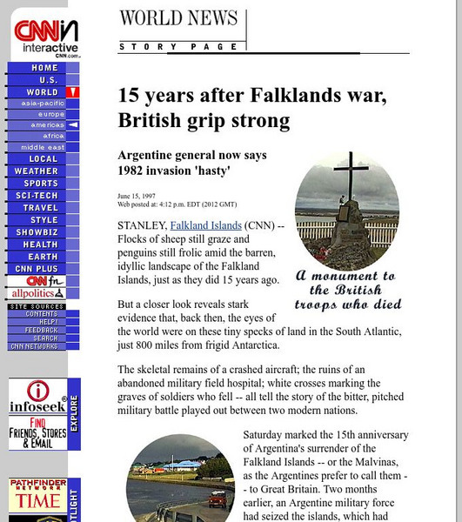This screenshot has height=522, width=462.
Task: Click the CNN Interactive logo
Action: (x=44, y=38)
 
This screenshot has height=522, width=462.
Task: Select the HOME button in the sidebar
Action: (x=44, y=68)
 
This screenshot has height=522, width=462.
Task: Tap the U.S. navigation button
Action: (x=44, y=80)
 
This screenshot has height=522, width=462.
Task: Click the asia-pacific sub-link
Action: (x=43, y=104)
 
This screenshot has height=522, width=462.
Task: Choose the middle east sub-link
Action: (x=43, y=147)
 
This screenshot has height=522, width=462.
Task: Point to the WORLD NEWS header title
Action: (x=178, y=18)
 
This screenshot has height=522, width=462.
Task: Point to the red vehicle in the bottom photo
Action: (x=217, y=499)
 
